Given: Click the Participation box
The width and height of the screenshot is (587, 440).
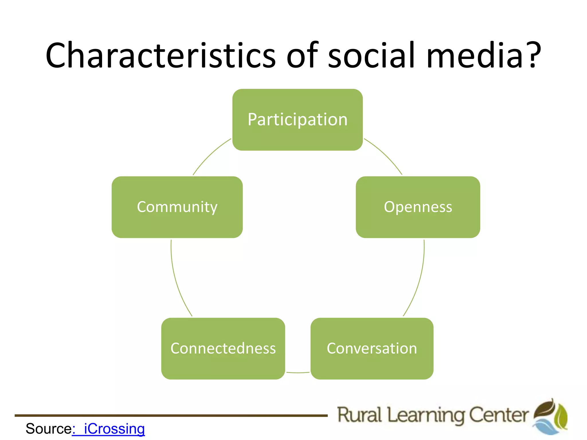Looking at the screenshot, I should (x=298, y=120).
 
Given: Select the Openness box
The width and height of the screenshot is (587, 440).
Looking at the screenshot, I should (x=418, y=207).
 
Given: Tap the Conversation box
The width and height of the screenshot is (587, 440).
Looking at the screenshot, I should (x=372, y=349).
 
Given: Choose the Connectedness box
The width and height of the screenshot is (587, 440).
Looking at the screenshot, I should (x=223, y=349).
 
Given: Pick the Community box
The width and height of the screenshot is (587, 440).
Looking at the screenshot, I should (x=177, y=207).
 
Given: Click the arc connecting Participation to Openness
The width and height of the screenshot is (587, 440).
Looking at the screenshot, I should (x=386, y=155).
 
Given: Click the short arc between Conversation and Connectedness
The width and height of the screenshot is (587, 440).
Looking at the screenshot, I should (x=298, y=373).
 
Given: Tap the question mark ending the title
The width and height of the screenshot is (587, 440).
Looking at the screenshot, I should (x=533, y=55).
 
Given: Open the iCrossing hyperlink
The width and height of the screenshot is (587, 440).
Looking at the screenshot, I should (x=114, y=429).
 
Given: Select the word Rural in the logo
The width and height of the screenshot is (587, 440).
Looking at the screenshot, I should (x=359, y=415).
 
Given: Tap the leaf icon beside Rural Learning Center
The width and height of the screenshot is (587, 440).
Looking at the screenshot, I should (x=550, y=417).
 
